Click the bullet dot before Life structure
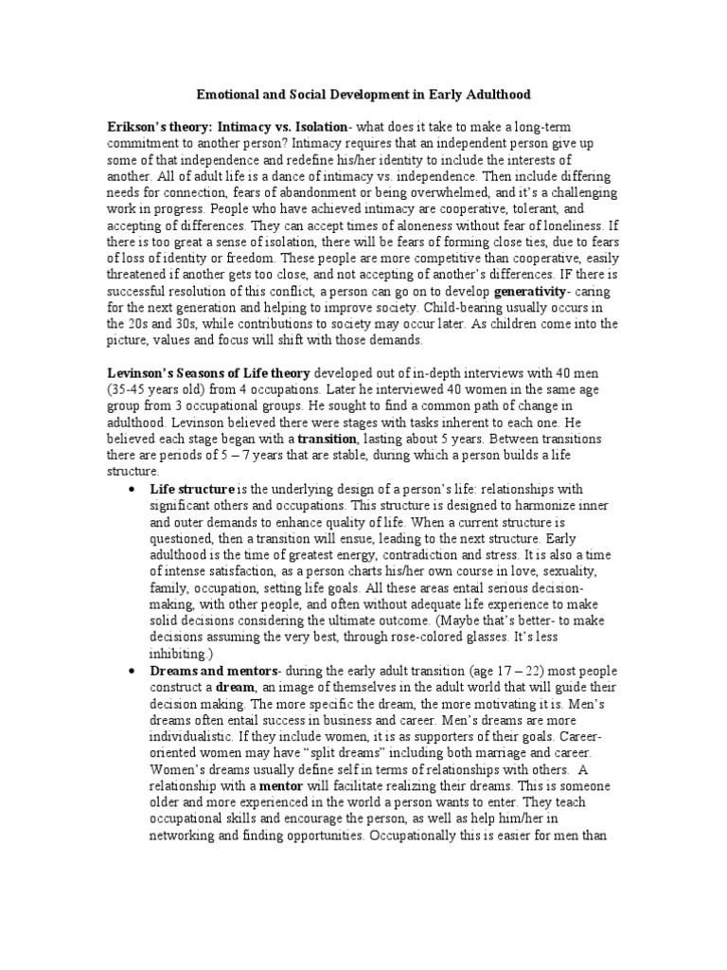coord(132,490)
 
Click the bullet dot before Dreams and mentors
coord(132,671)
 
